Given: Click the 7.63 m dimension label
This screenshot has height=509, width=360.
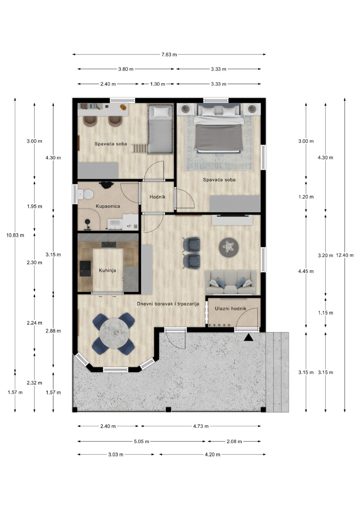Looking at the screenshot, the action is tap(169, 54).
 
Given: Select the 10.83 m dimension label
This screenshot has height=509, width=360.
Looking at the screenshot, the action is tap(15, 235).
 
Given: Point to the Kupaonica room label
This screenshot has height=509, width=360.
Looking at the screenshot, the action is tap(108, 206).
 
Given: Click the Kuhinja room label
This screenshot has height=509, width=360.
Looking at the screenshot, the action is tap(108, 270).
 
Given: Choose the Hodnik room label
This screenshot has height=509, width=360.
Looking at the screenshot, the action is tap(157, 197).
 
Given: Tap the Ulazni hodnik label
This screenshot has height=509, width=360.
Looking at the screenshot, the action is tap(231, 308).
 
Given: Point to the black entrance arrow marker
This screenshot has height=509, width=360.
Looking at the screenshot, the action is tap(249, 337).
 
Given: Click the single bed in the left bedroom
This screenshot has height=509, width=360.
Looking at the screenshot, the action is tap(160, 129).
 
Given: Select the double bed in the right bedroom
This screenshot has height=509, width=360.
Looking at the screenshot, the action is tap(218, 128).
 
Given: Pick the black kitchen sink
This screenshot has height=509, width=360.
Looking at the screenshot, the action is tap(85, 268).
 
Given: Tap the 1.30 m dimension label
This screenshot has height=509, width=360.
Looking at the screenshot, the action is tap(157, 84).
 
